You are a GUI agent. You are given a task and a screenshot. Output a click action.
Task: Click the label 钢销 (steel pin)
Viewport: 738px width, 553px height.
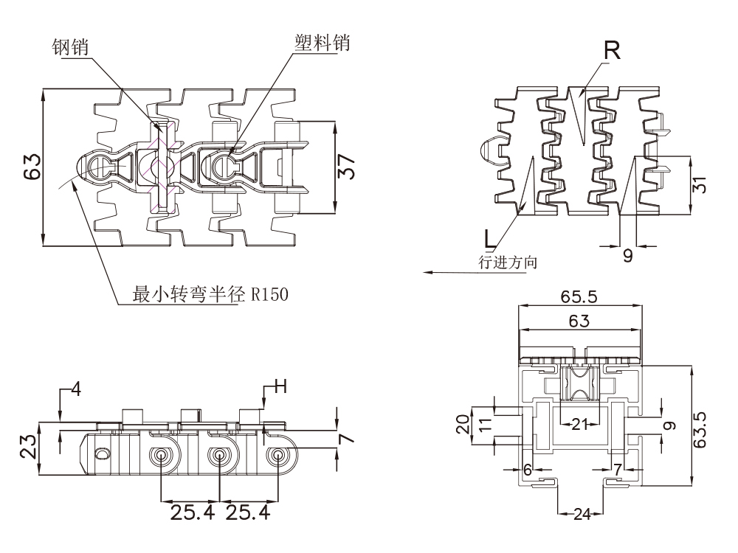click(70, 46)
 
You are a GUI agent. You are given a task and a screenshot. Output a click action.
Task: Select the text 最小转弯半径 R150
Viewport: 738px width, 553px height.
click(210, 294)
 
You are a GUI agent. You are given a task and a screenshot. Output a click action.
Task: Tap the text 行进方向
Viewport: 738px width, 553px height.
click(508, 262)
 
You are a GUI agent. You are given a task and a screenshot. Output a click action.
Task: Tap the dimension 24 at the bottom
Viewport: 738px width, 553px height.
click(582, 515)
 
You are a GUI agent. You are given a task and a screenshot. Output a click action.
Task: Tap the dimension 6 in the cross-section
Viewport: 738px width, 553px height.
click(527, 469)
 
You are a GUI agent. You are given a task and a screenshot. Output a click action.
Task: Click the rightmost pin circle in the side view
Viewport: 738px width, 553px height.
click(277, 456)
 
